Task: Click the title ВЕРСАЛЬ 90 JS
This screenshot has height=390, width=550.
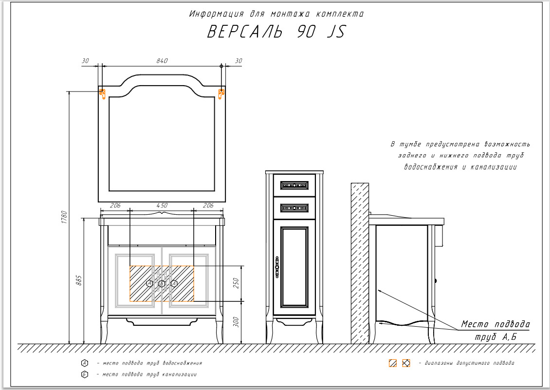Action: [x=276, y=32]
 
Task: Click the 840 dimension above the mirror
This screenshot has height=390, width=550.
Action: [x=162, y=61]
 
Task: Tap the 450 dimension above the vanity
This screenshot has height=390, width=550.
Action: [x=162, y=206]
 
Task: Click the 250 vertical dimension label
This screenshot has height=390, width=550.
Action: [x=237, y=283]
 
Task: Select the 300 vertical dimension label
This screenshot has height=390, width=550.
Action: [x=237, y=322]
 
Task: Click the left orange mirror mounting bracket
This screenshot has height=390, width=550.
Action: [x=103, y=93]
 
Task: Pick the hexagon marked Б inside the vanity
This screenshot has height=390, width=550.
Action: [x=162, y=283]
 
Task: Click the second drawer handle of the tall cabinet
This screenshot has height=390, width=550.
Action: [x=294, y=208]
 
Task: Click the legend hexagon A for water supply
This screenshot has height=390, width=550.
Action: [x=85, y=363]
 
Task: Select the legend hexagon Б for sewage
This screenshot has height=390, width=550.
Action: [x=85, y=374]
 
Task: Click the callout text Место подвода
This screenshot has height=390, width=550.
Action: [x=495, y=324]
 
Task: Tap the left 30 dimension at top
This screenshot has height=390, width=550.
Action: [x=86, y=61]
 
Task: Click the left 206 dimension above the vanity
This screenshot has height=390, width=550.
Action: [x=115, y=206]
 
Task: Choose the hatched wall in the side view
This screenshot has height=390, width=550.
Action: [x=360, y=263]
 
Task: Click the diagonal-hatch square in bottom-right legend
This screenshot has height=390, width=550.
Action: [x=392, y=363]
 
